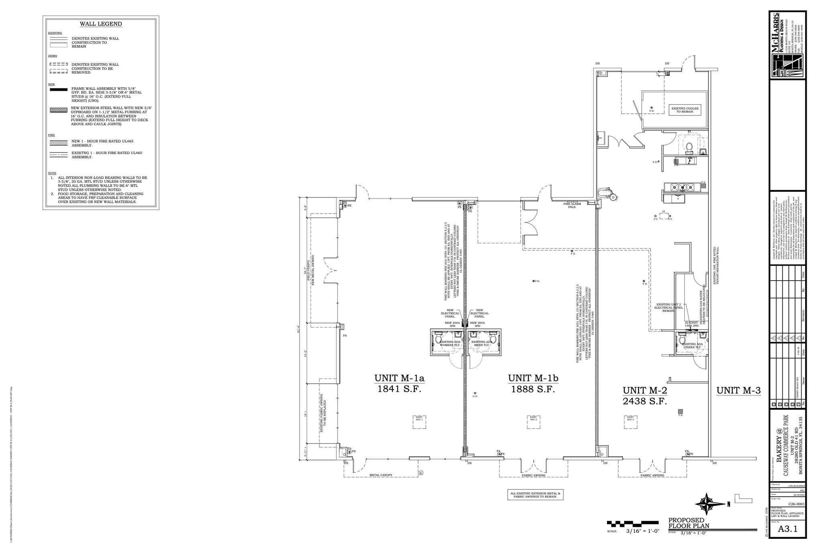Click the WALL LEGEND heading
(x=101, y=24)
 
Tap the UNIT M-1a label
(x=399, y=378)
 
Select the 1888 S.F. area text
(x=533, y=389)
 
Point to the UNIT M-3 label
(x=739, y=390)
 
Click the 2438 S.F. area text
(x=645, y=401)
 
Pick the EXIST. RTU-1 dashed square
(x=419, y=422)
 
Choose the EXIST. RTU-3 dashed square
(x=630, y=422)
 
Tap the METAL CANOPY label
(x=381, y=475)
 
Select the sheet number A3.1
(x=787, y=529)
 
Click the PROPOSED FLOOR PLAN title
(x=688, y=523)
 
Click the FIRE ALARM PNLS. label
(x=572, y=205)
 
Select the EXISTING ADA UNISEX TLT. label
(x=692, y=346)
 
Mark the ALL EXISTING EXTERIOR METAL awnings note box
(x=535, y=495)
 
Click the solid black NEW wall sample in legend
(x=58, y=90)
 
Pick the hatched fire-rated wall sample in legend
(x=58, y=142)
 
